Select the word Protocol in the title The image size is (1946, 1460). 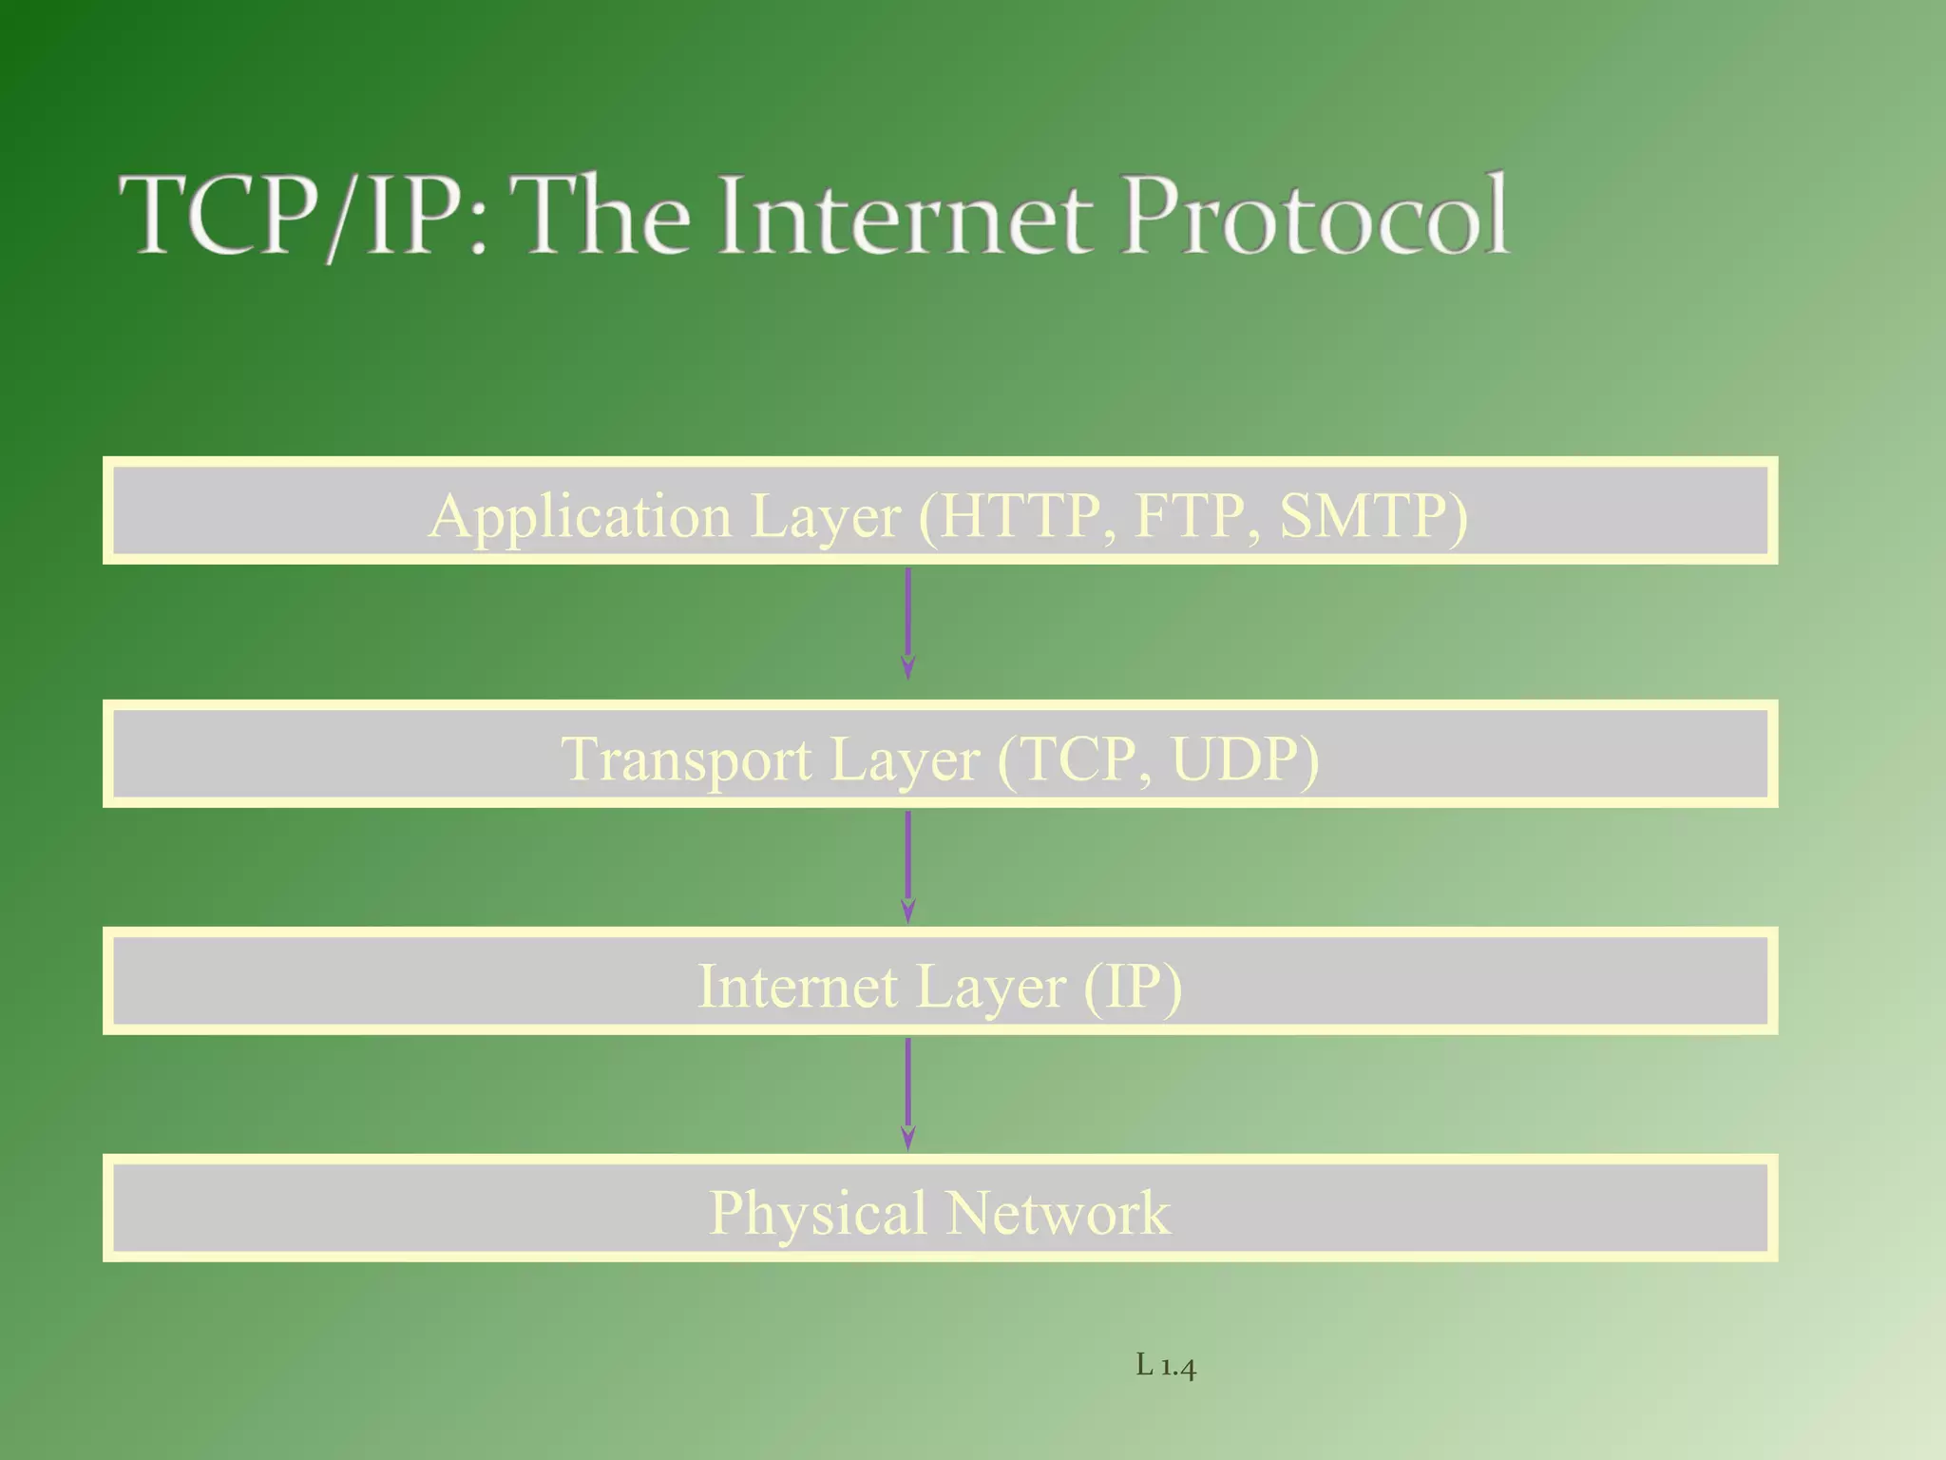1315,216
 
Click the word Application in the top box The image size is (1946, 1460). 580,517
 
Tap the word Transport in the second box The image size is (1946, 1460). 686,760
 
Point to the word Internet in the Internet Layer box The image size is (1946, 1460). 797,987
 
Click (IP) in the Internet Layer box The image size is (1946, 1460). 1133,987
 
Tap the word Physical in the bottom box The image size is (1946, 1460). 817,1215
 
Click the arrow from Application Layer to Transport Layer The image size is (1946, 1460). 908,623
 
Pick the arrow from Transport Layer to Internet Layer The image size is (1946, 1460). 908,866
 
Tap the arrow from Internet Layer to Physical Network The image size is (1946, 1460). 908,1093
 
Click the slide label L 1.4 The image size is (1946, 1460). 1166,1367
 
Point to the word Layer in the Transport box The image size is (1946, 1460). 904,760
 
